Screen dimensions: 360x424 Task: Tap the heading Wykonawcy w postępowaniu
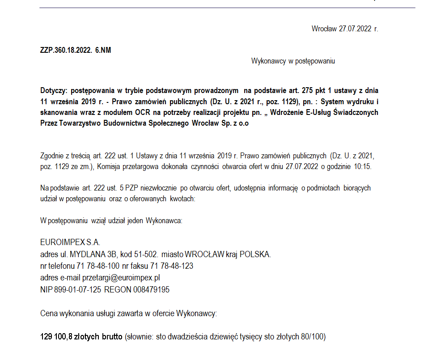pyautogui.click(x=293, y=61)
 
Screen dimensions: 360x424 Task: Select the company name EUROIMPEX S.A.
pyautogui.click(x=70, y=243)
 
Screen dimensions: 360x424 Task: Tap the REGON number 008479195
pyautogui.click(x=151, y=289)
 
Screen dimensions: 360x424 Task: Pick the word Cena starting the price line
pyautogui.click(x=49, y=313)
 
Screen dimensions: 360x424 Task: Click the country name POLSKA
pyautogui.click(x=255, y=254)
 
